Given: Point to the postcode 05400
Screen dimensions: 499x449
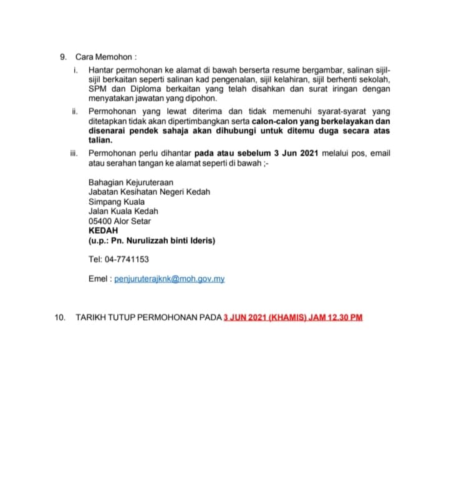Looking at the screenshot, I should tap(100, 221).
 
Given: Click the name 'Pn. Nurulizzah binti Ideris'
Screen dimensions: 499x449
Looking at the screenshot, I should tap(163, 240).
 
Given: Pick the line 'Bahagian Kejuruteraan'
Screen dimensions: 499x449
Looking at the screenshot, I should tap(131, 182).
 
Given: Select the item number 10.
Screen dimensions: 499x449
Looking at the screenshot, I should tap(60, 318).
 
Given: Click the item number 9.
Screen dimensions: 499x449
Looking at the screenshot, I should tap(63, 57).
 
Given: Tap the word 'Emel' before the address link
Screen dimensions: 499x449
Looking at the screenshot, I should tap(99, 279).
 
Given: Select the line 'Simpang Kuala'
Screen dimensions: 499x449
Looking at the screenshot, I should tap(117, 202).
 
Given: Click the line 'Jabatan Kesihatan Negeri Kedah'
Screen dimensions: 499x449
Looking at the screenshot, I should tap(149, 192).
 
